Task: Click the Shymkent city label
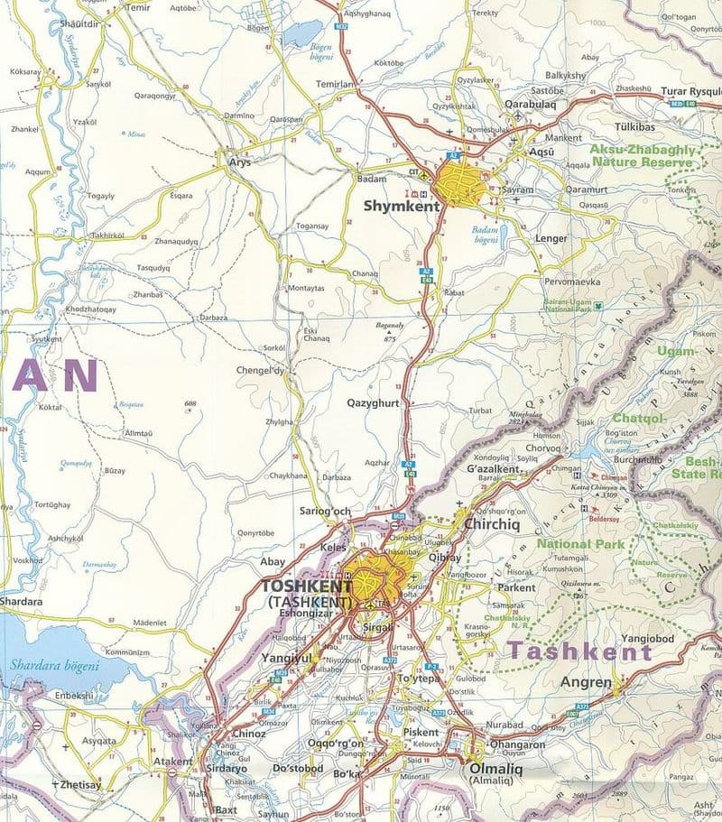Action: click(x=401, y=207)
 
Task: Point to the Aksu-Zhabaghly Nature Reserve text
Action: click(x=643, y=155)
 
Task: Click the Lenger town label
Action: click(x=551, y=238)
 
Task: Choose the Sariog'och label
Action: click(x=325, y=512)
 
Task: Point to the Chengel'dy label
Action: click(x=259, y=371)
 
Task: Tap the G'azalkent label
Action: click(x=494, y=470)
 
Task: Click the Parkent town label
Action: click(x=517, y=587)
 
